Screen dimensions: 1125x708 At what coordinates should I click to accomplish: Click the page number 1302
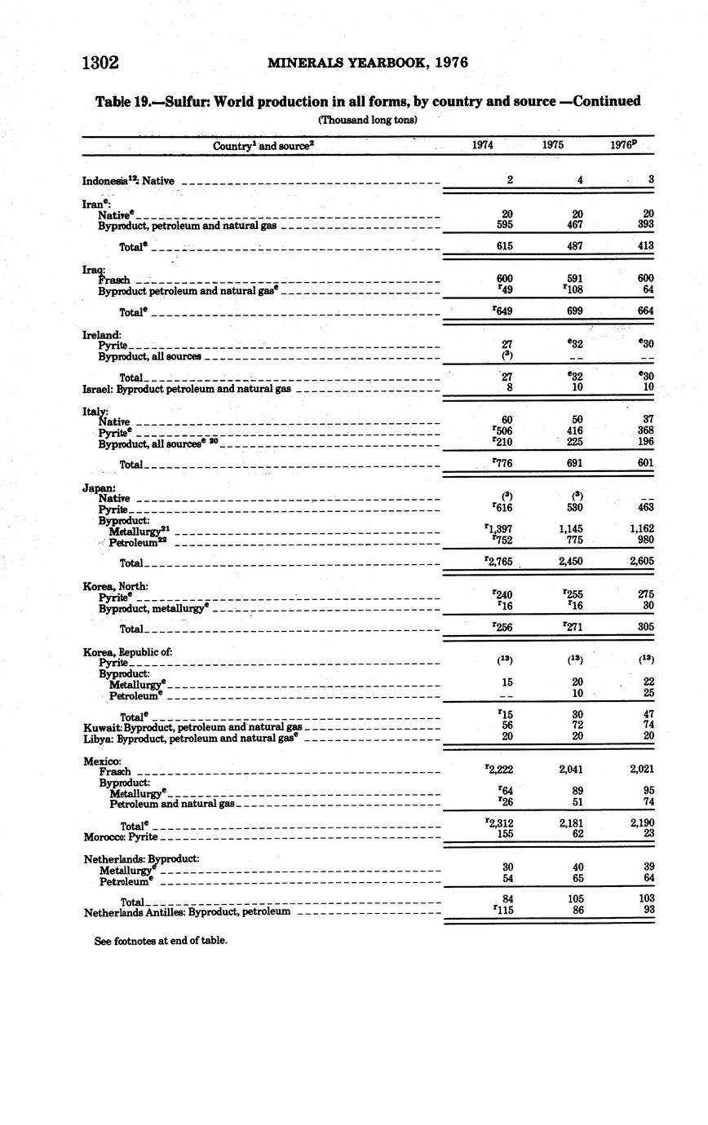(100, 63)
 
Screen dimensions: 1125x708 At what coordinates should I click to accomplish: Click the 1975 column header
(554, 145)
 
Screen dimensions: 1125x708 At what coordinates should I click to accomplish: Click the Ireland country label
(102, 334)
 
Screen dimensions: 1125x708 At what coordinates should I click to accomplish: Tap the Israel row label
(187, 389)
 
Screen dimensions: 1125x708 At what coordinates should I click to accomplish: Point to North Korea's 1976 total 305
(644, 628)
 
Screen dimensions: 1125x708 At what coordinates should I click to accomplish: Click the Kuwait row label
(192, 726)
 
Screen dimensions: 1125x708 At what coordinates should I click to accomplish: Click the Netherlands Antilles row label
(187, 911)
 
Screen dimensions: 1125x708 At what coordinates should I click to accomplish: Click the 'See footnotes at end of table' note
(161, 940)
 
